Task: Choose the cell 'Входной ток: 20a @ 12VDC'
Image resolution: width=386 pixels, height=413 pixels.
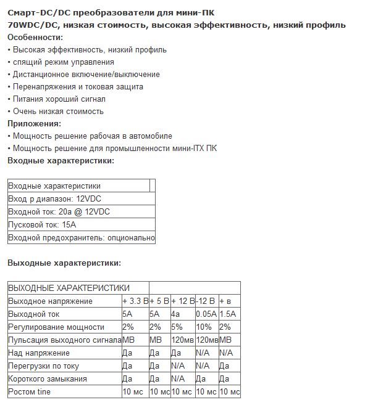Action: point(59,211)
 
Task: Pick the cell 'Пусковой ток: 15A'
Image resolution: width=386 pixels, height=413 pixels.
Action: point(42,224)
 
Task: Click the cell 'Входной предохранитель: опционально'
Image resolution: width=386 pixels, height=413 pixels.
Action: point(81,237)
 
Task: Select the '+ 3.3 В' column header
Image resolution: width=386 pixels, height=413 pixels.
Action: point(135,301)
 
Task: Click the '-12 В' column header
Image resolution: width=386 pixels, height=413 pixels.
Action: point(206,301)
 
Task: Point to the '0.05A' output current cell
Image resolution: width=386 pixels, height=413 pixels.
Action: point(206,314)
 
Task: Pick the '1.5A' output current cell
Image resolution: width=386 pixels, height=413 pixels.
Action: point(228,314)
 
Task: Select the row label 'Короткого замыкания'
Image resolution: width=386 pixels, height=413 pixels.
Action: point(48,378)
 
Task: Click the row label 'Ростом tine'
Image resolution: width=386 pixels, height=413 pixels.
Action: point(30,391)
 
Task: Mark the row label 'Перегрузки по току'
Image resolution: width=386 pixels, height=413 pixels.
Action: point(43,366)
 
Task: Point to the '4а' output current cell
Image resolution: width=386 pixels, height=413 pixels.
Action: point(176,314)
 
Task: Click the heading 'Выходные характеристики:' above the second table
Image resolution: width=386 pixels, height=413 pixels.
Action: point(64,263)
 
